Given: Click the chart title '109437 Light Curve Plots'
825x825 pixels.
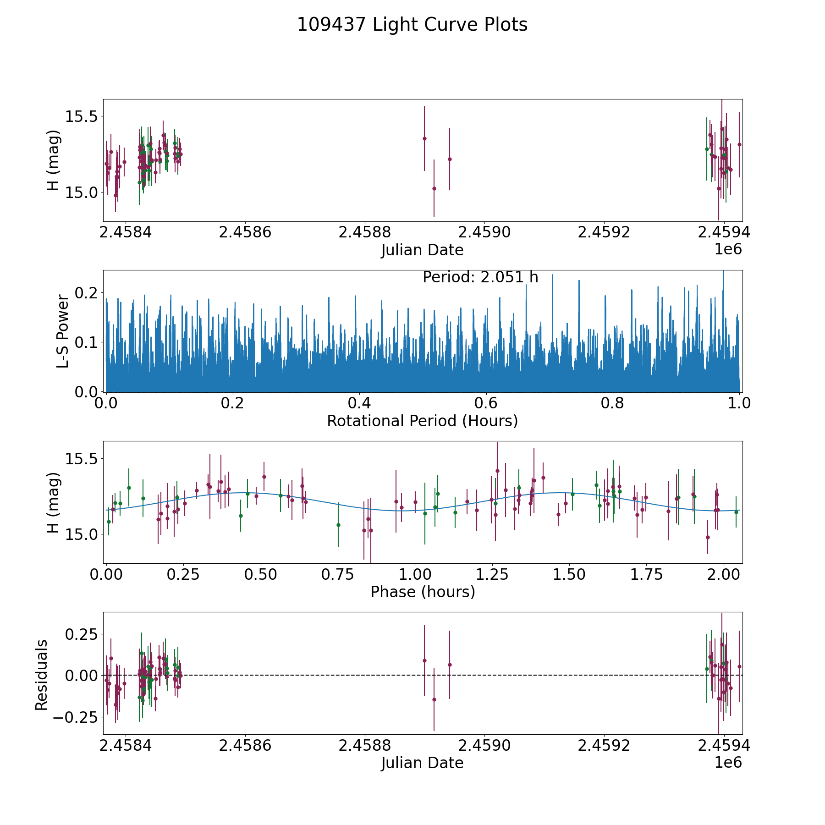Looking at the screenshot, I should click(412, 25).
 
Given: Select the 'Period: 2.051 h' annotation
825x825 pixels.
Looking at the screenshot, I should click(480, 278).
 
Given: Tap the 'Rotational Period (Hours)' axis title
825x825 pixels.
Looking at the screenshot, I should click(422, 421).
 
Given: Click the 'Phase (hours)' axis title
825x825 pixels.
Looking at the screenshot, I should click(423, 592).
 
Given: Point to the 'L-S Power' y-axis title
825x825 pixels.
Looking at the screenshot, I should click(63, 331).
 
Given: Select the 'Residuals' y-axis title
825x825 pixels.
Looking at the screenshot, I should click(42, 675).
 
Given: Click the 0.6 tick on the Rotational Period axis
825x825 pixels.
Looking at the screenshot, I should click(486, 404).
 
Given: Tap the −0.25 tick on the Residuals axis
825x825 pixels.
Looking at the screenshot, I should click(75, 717).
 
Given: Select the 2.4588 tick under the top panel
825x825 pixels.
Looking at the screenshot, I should click(364, 233).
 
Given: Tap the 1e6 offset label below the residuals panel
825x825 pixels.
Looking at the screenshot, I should click(728, 763).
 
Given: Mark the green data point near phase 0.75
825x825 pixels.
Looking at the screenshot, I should click(338, 525).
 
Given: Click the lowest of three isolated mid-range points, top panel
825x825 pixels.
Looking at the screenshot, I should click(434, 188).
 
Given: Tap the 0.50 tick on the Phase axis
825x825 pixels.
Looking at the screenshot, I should click(260, 575).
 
